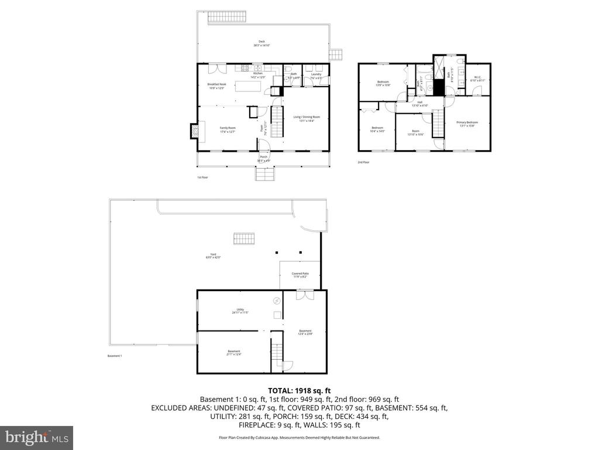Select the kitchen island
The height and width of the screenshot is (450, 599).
(247, 87)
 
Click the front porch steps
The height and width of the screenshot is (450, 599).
(264, 173)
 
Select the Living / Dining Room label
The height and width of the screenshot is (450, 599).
(307, 118)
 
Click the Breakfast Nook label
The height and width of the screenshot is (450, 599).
(216, 86)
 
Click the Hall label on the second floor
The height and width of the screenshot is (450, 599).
(420, 104)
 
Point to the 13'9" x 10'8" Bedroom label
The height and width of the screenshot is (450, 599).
(383, 83)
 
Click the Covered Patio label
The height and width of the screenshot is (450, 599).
(300, 275)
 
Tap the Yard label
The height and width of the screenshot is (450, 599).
(211, 255)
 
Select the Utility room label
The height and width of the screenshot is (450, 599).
(240, 311)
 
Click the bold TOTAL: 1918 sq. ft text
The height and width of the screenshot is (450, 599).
(299, 390)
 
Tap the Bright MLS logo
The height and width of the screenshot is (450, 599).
(36, 437)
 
